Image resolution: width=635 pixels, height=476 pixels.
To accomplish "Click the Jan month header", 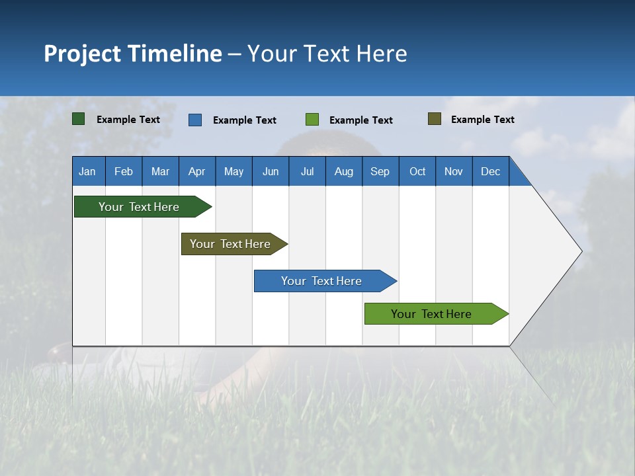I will pyautogui.click(x=87, y=171).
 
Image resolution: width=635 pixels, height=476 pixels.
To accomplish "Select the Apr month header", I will pyautogui.click(x=196, y=171).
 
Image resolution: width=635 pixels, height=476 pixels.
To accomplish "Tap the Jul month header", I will pyautogui.click(x=307, y=171).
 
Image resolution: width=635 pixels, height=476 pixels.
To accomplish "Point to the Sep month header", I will pyautogui.click(x=380, y=171).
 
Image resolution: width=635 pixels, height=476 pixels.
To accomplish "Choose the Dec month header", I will pyautogui.click(x=490, y=171).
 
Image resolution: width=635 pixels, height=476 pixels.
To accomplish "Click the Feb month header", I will pyautogui.click(x=124, y=171).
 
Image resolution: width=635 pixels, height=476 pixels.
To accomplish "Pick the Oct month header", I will pyautogui.click(x=417, y=171).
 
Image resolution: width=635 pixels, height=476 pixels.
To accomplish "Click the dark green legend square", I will pyautogui.click(x=79, y=119).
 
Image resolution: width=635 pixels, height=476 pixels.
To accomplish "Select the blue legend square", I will pyautogui.click(x=195, y=120).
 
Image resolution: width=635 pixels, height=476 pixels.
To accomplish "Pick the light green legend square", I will pyautogui.click(x=312, y=120).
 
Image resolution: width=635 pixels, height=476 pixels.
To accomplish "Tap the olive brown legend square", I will pyautogui.click(x=435, y=119).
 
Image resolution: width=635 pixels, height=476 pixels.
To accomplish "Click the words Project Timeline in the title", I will pyautogui.click(x=133, y=54).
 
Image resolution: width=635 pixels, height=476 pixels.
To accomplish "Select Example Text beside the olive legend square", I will pyautogui.click(x=482, y=120).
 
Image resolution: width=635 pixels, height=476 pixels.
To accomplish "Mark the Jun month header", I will pyautogui.click(x=271, y=171).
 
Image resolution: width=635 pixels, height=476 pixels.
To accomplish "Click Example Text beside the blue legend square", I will pyautogui.click(x=244, y=120).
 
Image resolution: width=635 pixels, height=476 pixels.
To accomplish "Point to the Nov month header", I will pyautogui.click(x=454, y=171).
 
